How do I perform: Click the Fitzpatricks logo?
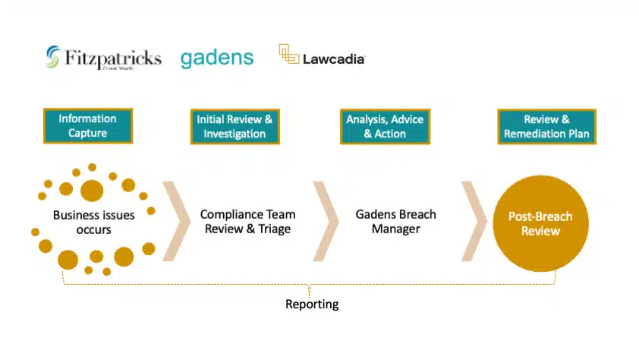click(x=103, y=58)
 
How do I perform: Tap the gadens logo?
click(x=217, y=58)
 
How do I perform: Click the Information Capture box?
click(x=87, y=126)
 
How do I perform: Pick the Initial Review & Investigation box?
click(x=235, y=126)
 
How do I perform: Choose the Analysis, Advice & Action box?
click(x=384, y=126)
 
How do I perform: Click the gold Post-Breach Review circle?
click(x=540, y=224)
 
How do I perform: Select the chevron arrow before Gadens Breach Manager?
click(x=327, y=221)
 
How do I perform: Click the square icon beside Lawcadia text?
click(x=288, y=54)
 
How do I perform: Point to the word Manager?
click(x=395, y=229)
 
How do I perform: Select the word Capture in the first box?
click(x=87, y=134)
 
